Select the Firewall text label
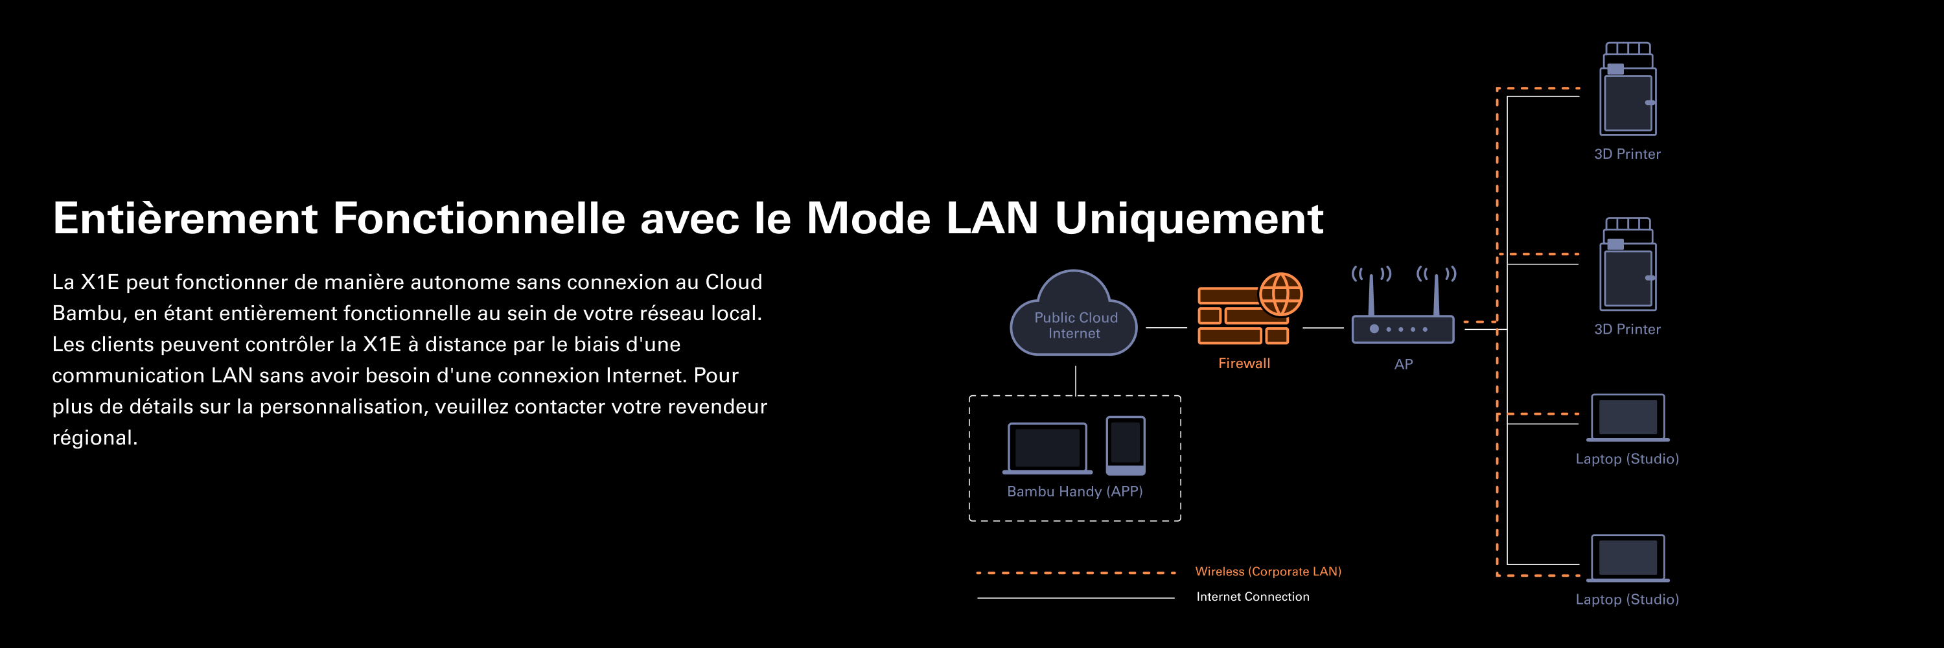coord(1244,364)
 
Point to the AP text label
coord(1403,364)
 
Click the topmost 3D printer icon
coord(1628,90)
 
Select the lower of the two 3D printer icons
coord(1628,265)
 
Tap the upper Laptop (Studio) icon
coord(1628,418)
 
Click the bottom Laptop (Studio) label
coord(1627,599)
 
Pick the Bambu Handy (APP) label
coord(1074,492)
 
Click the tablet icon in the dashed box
coord(1125,445)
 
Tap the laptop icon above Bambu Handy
coord(1047,448)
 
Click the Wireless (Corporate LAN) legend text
coord(1268,572)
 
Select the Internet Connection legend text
coord(1253,597)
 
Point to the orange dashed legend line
coord(1076,573)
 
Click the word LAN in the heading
coord(991,219)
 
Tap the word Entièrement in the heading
coord(185,219)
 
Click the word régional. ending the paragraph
coord(95,438)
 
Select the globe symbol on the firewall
coord(1280,294)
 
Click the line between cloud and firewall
coord(1166,328)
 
